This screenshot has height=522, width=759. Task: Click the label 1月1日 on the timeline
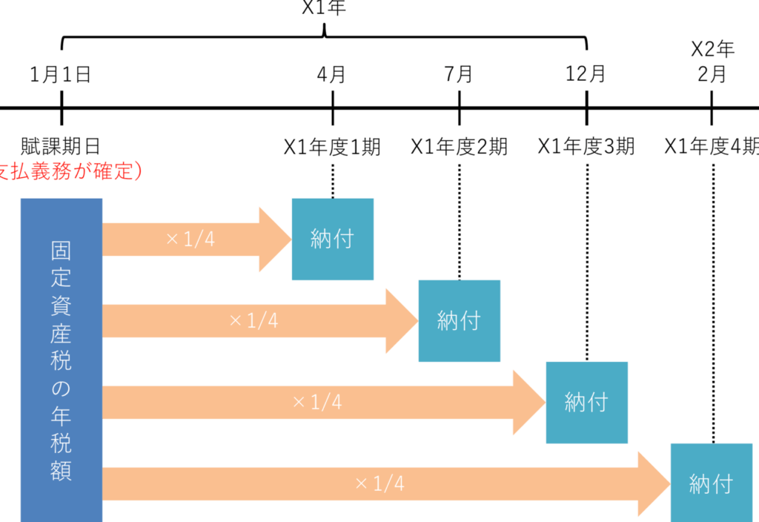pyautogui.click(x=61, y=74)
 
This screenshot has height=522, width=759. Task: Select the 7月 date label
pyautogui.click(x=459, y=74)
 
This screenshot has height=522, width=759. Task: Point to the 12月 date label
pyautogui.click(x=586, y=74)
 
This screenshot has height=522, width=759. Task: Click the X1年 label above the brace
pyautogui.click(x=324, y=8)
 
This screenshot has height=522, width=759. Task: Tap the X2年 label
pyautogui.click(x=712, y=50)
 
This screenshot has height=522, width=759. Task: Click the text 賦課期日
pyautogui.click(x=61, y=146)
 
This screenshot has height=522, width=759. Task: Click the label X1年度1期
pyautogui.click(x=332, y=147)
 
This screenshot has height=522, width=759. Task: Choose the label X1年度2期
pyautogui.click(x=460, y=147)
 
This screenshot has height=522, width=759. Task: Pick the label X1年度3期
pyautogui.click(x=586, y=147)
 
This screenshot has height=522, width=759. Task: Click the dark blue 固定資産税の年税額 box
pyautogui.click(x=62, y=360)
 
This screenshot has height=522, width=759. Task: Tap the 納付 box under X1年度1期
pyautogui.click(x=333, y=239)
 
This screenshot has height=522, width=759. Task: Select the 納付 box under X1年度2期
pyautogui.click(x=460, y=320)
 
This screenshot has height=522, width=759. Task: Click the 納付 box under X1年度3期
pyautogui.click(x=586, y=402)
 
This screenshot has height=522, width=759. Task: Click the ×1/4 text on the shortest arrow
pyautogui.click(x=190, y=239)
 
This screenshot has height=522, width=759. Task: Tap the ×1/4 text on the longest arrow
pyautogui.click(x=380, y=483)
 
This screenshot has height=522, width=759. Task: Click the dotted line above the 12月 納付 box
pyautogui.click(x=587, y=260)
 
